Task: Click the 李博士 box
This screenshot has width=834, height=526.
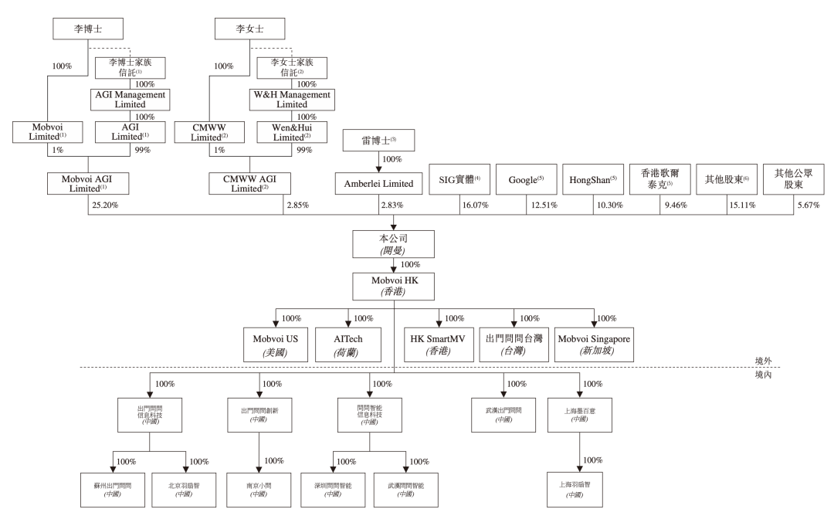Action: (x=88, y=30)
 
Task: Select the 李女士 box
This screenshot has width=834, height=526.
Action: (x=250, y=30)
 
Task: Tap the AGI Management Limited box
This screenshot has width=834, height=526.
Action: (x=131, y=99)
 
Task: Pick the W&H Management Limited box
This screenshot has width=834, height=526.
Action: (x=293, y=99)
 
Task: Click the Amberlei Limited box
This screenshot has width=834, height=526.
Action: (x=378, y=183)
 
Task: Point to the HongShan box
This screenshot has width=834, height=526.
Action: (x=591, y=178)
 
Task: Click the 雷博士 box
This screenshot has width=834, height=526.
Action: (x=378, y=141)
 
